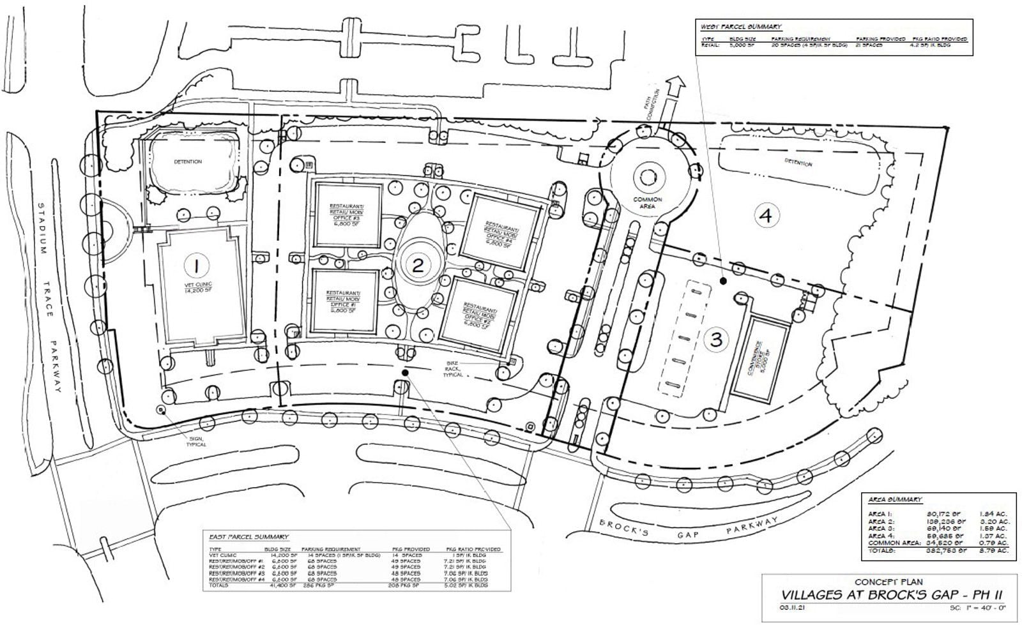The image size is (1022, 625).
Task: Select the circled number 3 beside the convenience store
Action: click(x=716, y=339)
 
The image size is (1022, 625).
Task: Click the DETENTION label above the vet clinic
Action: click(x=188, y=162)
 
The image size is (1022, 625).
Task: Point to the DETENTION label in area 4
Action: click(x=798, y=163)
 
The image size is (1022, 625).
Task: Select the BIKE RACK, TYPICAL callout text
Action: click(x=452, y=370)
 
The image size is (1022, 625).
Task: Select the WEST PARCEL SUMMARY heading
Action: click(x=740, y=27)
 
